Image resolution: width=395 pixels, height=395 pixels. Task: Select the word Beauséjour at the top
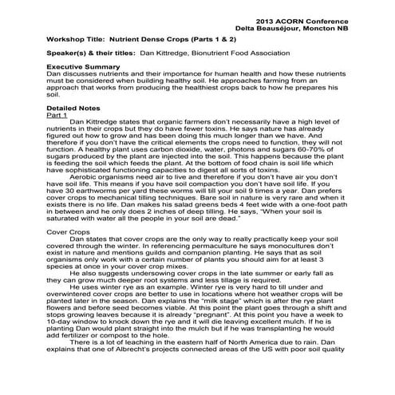pyautogui.click(x=294, y=25)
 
